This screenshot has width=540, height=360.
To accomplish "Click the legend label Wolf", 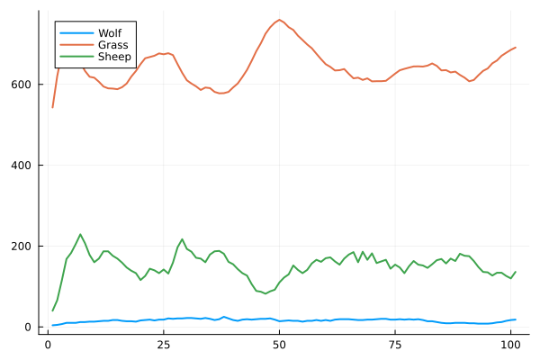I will coord(110,32).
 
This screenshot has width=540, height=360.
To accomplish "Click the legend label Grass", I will coord(112,44).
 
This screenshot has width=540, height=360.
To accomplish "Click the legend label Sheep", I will coord(114,56).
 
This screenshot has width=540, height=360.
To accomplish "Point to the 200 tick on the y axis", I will coord(24,247).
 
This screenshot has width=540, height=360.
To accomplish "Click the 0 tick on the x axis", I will coord(49,344).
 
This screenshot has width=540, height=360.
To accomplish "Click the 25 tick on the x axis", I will coord(164,344).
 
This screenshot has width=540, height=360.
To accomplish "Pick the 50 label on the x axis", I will coord(279,344).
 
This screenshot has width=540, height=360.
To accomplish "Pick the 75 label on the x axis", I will coord(395,344).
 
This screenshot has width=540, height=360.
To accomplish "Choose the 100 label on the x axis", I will coord(510,344).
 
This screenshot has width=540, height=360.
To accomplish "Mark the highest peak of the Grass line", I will coord(279,20).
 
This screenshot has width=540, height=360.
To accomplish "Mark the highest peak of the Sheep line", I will coord(80,234).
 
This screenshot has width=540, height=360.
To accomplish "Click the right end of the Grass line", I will coord(515,48).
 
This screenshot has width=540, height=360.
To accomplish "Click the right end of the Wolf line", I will coord(515,319).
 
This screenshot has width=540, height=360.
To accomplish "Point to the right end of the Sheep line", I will coord(515,272).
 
